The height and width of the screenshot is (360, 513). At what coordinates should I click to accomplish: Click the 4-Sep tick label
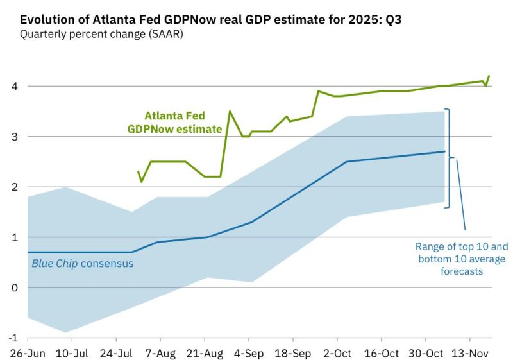[x=249, y=353]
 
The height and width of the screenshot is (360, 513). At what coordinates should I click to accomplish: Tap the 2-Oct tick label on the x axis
[x=337, y=353]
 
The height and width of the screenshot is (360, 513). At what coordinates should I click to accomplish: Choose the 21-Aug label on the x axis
[x=204, y=353]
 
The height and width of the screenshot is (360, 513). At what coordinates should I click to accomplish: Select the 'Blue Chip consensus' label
[x=83, y=263]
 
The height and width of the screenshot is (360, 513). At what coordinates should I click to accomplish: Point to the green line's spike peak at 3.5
[x=230, y=112]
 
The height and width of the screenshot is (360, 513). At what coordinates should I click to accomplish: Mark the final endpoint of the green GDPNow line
[x=489, y=76]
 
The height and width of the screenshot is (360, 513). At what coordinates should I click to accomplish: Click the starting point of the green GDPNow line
[x=139, y=171]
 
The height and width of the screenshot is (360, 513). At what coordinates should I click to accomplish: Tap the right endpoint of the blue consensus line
[x=445, y=151]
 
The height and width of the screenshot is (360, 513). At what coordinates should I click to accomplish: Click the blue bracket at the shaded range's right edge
[x=449, y=158]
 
